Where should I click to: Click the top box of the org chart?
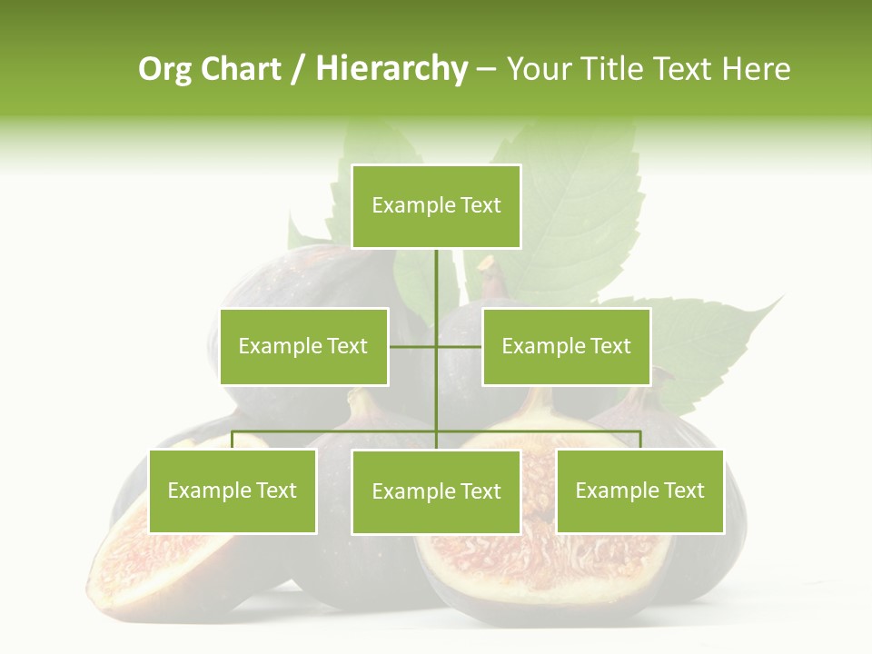coord(436,206)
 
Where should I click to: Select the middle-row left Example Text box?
coord(303,347)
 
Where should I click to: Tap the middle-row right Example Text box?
coord(566,347)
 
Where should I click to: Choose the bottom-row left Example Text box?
coord(233,491)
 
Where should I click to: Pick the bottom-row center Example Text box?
coord(436,492)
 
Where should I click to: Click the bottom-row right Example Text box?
coord(640,491)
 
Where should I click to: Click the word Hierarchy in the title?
coord(391,69)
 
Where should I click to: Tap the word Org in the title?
coord(165,69)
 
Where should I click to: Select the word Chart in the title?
coord(241,69)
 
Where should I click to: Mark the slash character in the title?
coord(298,70)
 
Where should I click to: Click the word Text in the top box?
coord(481,205)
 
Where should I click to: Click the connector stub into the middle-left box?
coord(412,346)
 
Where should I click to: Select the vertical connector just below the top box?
coord(436,272)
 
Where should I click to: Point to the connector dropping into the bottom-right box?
coord(640,440)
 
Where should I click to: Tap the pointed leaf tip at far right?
coord(779,297)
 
